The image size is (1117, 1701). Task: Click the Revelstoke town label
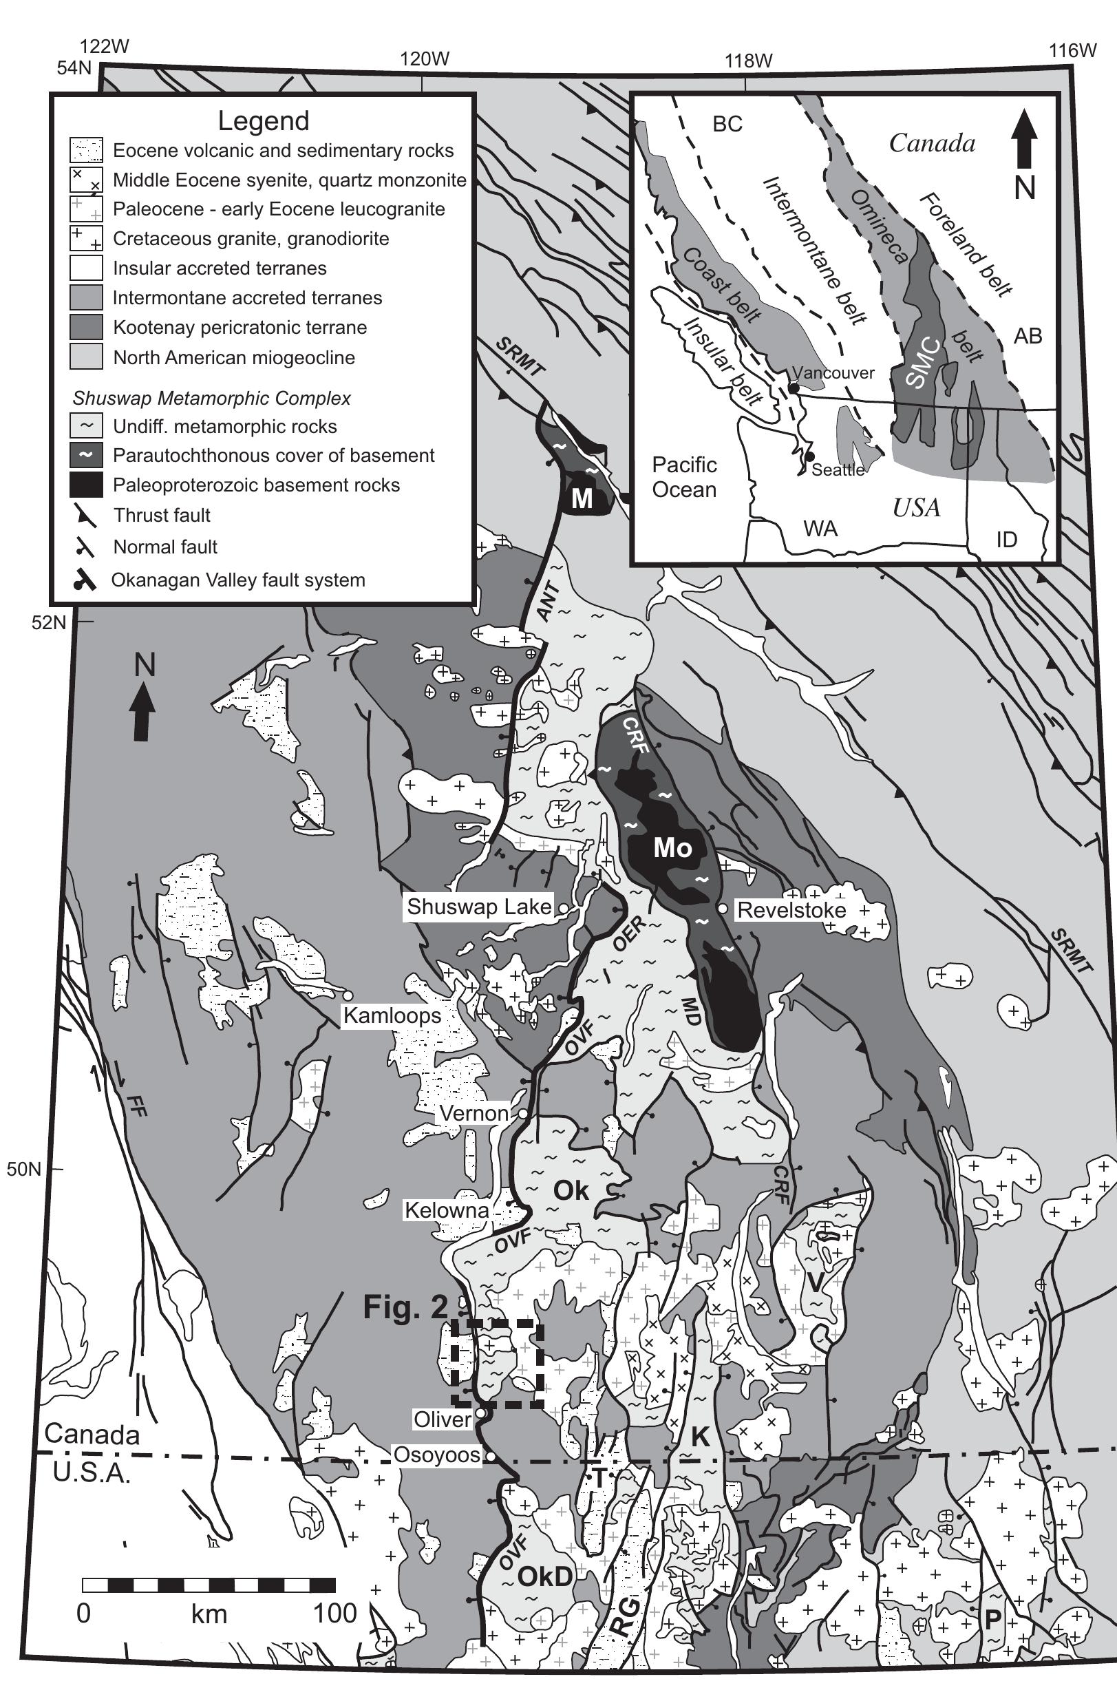pos(791,910)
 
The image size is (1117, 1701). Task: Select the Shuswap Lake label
pos(479,907)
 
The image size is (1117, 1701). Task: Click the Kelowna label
pos(447,1210)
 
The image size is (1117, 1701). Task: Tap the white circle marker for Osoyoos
pos(491,1456)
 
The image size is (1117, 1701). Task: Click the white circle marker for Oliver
pos(481,1414)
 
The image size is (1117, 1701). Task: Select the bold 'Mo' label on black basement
pos(672,847)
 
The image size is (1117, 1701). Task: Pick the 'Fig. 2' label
pos(405,1307)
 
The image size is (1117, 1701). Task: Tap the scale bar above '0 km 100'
pos(209,1586)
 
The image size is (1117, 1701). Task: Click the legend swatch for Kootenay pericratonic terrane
pos(86,328)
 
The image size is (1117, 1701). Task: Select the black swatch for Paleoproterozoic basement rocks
pos(86,485)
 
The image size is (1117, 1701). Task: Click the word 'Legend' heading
pos(263,120)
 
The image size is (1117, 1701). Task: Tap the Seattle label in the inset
pos(838,469)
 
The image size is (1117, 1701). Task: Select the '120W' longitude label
pos(425,59)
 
